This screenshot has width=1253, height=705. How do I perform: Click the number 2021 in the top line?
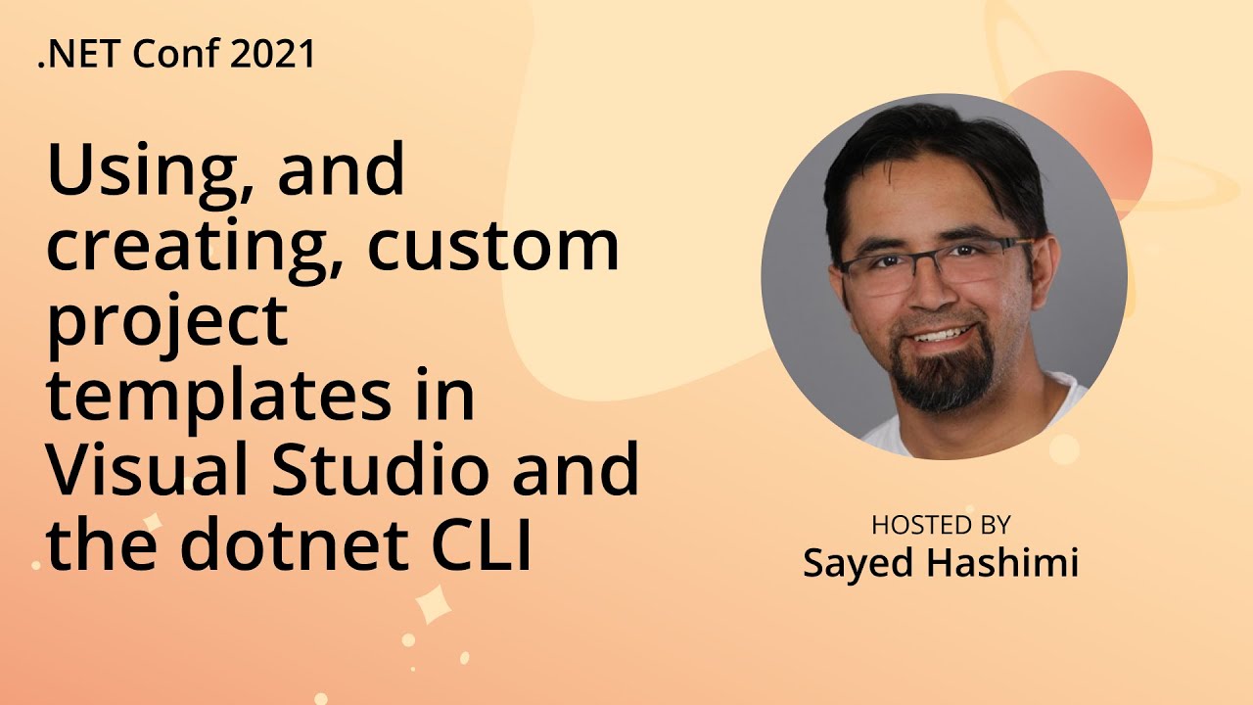273,55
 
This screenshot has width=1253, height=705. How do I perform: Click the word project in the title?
166,323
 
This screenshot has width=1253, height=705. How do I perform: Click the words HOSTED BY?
941,526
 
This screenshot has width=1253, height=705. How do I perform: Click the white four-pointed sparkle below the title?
432,604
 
